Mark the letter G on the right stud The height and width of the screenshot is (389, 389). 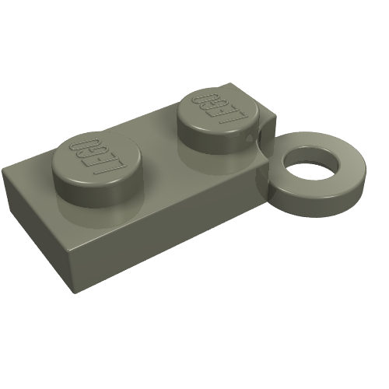[209, 105]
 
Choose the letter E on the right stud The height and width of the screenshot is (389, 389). [220, 110]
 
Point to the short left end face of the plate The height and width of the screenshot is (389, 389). [35, 206]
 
